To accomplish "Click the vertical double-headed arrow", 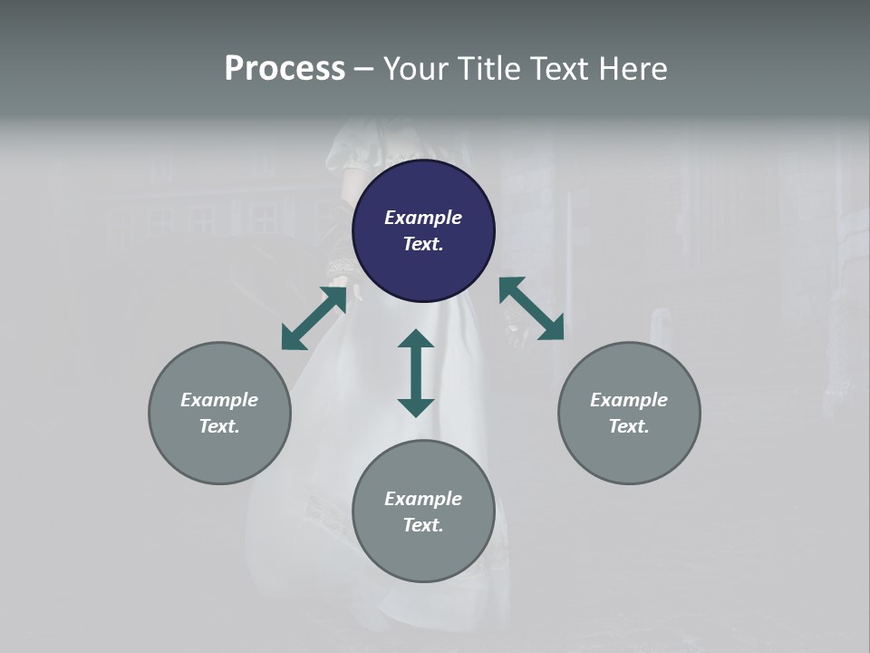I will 416,373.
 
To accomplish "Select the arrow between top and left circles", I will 314,317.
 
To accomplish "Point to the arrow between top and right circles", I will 531,308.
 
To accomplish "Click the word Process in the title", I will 285,69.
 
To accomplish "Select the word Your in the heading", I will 413,69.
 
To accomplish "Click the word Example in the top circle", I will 423,218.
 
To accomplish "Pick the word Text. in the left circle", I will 219,426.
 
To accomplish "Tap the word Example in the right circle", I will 629,400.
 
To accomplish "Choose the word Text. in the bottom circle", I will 423,525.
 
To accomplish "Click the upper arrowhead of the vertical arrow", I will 416,339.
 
